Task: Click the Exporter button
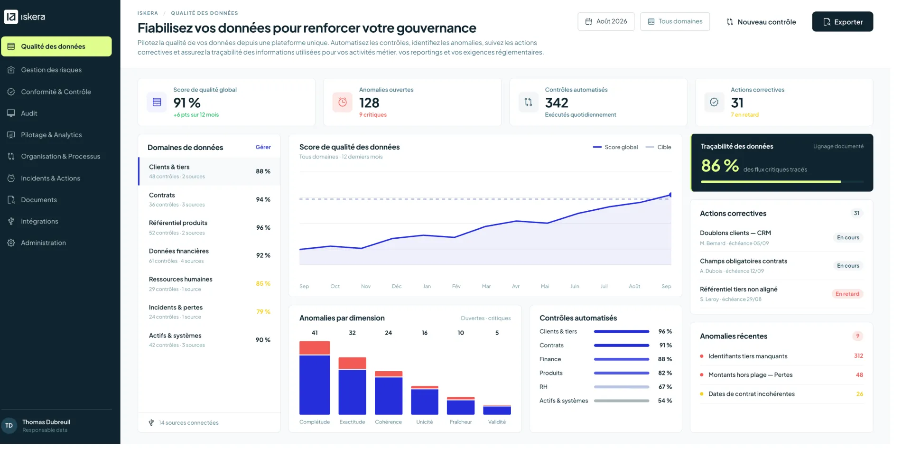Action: coord(842,22)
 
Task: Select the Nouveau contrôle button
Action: coord(761,22)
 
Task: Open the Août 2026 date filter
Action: coord(606,21)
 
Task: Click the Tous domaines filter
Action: coord(675,21)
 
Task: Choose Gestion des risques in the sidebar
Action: coord(51,70)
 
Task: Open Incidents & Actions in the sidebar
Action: coord(50,178)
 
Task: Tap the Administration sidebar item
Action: coord(43,243)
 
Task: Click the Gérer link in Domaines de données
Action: coord(263,147)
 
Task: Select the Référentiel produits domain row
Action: coord(209,227)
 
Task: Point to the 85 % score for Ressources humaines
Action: coord(263,284)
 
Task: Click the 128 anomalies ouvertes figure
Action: coord(369,103)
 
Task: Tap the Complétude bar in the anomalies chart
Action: coord(315,378)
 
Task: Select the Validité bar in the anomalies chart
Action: coord(497,410)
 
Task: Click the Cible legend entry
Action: coord(659,147)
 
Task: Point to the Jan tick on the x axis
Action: coord(427,287)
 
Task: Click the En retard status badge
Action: coord(847,294)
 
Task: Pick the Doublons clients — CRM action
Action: coord(735,233)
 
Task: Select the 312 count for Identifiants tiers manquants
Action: coord(858,356)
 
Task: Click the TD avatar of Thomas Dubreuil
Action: coord(9,426)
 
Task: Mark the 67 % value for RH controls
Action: coord(665,387)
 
